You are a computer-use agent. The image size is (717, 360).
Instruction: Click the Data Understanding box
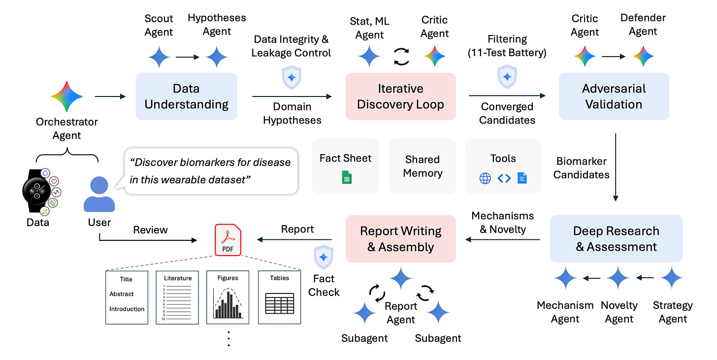tap(186, 97)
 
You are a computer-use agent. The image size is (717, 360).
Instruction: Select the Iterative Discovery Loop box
tap(400, 97)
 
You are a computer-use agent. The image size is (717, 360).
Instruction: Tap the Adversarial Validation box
tap(614, 97)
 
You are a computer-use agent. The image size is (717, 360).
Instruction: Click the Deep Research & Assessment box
tap(616, 239)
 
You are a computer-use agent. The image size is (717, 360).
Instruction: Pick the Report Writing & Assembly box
tap(400, 239)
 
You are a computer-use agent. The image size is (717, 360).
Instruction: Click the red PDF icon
tap(228, 240)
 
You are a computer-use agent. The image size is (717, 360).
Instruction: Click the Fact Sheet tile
tap(345, 165)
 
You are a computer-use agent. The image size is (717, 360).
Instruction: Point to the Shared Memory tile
tap(423, 166)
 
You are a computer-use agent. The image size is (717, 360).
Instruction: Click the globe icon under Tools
tap(485, 178)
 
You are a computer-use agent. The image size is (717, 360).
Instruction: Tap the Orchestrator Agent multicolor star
tap(66, 97)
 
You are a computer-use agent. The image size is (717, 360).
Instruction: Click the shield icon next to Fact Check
tap(324, 257)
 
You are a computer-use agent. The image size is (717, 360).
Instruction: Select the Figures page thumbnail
tap(228, 297)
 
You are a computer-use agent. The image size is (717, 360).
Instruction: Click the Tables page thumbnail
tap(279, 297)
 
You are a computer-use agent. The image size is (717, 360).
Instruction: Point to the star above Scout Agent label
tap(158, 57)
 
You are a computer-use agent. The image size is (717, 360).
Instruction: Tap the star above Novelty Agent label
tap(619, 279)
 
